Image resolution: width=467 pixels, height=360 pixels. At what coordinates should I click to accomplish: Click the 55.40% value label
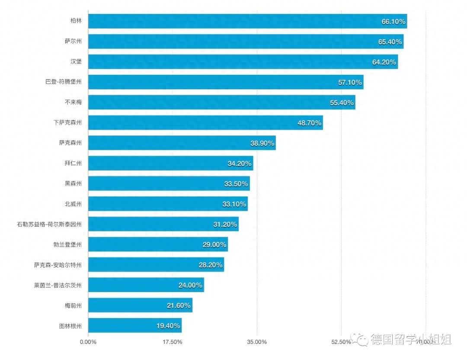pos(342,103)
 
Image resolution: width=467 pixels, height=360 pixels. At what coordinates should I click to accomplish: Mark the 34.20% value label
pos(240,164)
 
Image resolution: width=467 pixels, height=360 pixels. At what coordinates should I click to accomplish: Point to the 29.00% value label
pos(214,244)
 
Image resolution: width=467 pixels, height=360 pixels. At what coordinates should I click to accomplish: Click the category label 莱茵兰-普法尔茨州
pos(58,285)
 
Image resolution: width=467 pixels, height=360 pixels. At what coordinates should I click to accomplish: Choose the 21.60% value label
pos(179,305)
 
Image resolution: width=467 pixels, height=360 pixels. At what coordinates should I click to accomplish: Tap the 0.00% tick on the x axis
pos(88,342)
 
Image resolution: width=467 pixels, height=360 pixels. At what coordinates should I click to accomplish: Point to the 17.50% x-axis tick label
pos(172,342)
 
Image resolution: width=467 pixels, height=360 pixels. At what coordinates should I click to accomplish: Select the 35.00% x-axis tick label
pos(257,342)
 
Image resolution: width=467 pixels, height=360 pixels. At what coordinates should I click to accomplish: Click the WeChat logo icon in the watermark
pos(360,339)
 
